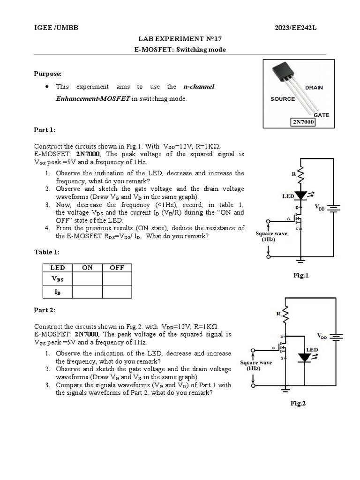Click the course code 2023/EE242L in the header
pos(296,28)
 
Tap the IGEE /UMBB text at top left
pos(56,28)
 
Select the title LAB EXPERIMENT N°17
pos(180,39)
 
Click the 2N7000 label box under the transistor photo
pos(303,122)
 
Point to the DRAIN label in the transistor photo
pos(314,88)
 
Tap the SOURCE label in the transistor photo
pos(283,99)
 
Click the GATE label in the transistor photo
pos(321,114)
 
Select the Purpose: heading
pos(48,74)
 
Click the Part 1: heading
pos(45,130)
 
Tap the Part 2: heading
pos(45,310)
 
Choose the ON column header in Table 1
pos(87,268)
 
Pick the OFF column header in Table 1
pos(117,268)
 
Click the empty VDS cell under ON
pos(87,279)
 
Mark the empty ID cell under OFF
pos(117,292)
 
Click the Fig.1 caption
pos(301,276)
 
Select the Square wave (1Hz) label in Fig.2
pos(256,365)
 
